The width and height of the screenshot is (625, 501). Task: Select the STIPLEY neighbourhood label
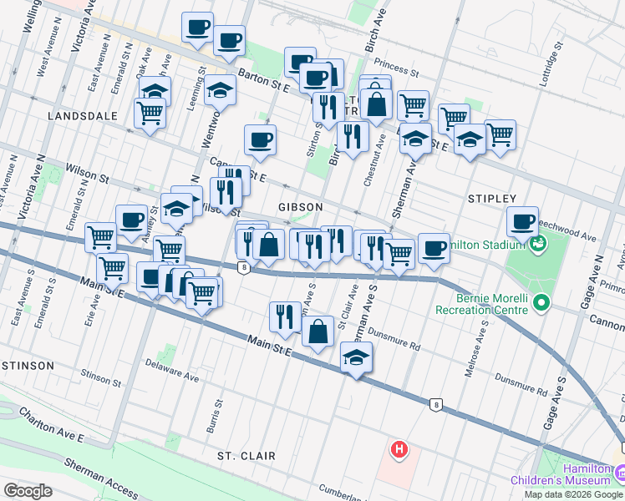click(491, 199)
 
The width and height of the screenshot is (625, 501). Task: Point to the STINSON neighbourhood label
click(27, 366)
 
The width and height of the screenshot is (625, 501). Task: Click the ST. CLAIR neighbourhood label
click(246, 456)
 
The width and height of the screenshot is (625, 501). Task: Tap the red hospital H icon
click(399, 450)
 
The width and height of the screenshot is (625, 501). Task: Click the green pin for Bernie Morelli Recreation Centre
click(541, 302)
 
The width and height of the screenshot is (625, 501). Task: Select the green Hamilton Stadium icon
click(536, 244)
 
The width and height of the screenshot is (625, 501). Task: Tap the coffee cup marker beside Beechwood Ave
click(522, 222)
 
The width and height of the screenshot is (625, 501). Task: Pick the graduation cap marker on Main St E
click(357, 358)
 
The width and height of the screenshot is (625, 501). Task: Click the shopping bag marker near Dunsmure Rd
click(318, 332)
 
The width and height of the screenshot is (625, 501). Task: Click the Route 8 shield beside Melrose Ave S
click(435, 405)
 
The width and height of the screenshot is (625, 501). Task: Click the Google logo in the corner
click(28, 491)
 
